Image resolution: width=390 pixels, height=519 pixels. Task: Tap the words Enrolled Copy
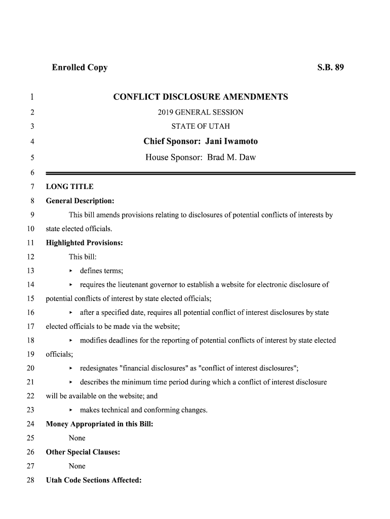[x=80, y=67]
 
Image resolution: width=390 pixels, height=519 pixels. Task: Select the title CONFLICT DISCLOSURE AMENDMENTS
[x=201, y=97]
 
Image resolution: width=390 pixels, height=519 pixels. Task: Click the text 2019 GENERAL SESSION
[x=201, y=112]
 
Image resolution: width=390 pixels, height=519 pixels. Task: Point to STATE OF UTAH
[x=201, y=126]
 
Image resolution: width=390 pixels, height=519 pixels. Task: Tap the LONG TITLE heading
[x=70, y=187]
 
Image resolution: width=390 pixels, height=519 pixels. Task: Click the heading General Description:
[x=80, y=201]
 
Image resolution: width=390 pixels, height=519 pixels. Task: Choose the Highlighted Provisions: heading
[x=85, y=243]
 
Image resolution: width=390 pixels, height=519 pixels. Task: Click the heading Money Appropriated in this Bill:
[x=99, y=424]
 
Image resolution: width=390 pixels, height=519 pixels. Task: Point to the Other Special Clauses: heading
[x=83, y=452]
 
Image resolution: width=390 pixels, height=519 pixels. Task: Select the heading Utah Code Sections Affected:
[x=94, y=480]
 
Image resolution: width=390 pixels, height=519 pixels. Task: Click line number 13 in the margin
[x=30, y=271]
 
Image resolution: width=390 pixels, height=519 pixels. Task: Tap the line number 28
[x=30, y=480]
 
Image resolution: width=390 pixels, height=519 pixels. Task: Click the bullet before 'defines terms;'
[x=71, y=271]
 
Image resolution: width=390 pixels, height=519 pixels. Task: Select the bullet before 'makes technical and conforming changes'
[x=71, y=410]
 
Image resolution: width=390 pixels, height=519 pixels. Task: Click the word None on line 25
[x=77, y=438]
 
